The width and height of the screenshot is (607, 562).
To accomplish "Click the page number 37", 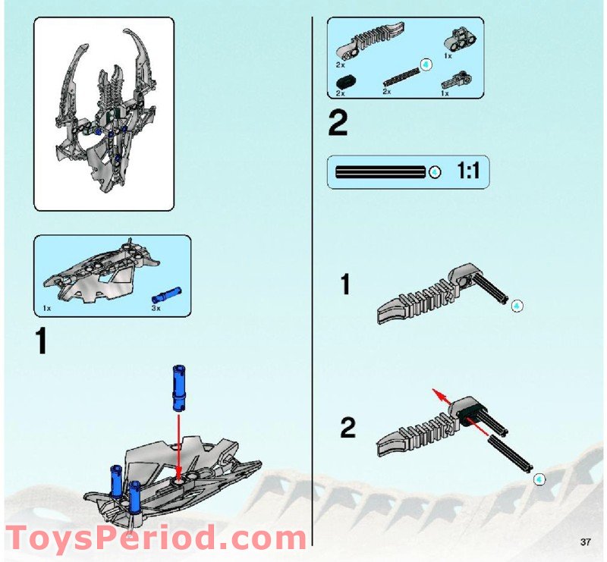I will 584,542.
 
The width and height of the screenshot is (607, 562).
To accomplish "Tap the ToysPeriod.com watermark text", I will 156,538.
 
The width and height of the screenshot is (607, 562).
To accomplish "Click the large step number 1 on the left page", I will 42,341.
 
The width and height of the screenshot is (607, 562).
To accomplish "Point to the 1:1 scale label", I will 467,171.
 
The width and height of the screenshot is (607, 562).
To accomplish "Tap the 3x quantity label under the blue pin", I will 157,309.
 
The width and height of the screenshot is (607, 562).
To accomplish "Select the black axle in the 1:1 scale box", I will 379,172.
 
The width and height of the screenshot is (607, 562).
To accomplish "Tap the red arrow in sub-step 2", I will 445,399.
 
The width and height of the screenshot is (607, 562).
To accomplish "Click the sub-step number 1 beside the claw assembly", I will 345,285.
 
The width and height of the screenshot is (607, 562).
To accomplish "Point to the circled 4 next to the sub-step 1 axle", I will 517,306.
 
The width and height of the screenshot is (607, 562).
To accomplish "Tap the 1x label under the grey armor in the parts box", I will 47,309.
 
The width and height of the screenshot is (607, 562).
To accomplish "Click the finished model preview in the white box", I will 104,114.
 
